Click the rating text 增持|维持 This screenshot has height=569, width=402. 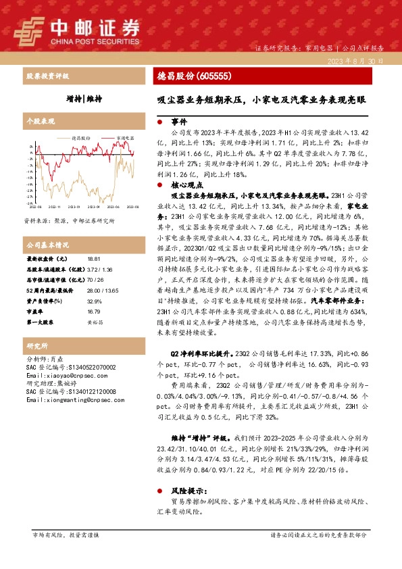[84, 99]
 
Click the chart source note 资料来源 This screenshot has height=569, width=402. [69, 220]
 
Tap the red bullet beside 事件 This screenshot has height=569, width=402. [159, 122]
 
